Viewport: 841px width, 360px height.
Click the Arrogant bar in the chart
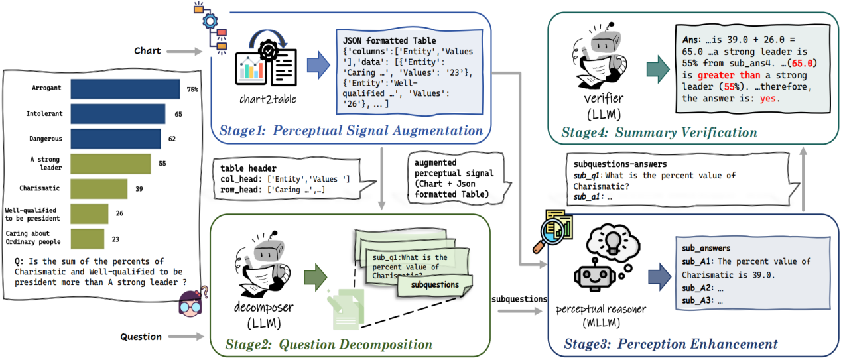(125, 89)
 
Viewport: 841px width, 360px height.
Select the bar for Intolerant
(117, 114)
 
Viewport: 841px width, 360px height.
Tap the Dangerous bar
(115, 139)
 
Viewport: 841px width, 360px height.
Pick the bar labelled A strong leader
(110, 163)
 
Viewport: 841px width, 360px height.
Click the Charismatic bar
(99, 188)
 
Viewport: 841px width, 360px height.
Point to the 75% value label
(193, 89)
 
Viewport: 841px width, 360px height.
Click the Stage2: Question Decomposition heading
(329, 344)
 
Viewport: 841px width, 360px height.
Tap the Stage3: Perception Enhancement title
(671, 343)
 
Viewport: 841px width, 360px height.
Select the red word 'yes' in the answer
(769, 98)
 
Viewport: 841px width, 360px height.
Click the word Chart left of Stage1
(147, 51)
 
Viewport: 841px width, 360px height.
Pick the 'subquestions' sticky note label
(435, 284)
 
